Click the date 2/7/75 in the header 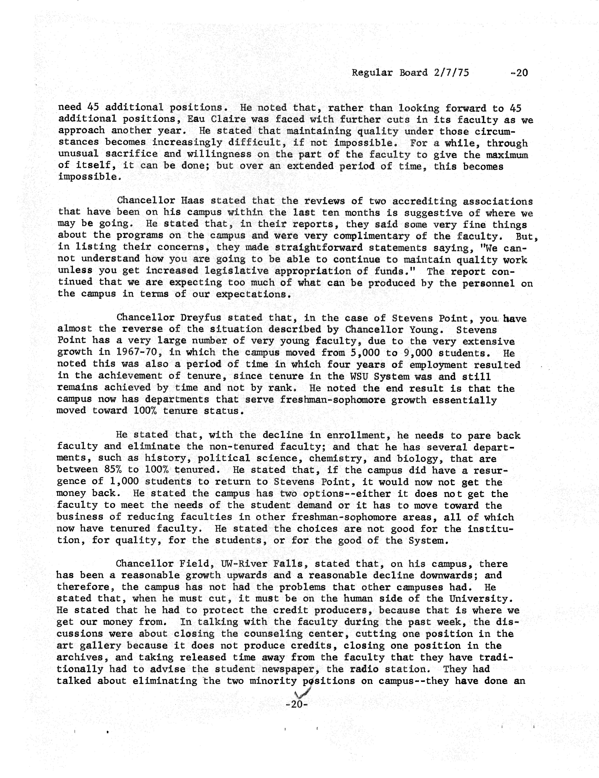coord(451,73)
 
